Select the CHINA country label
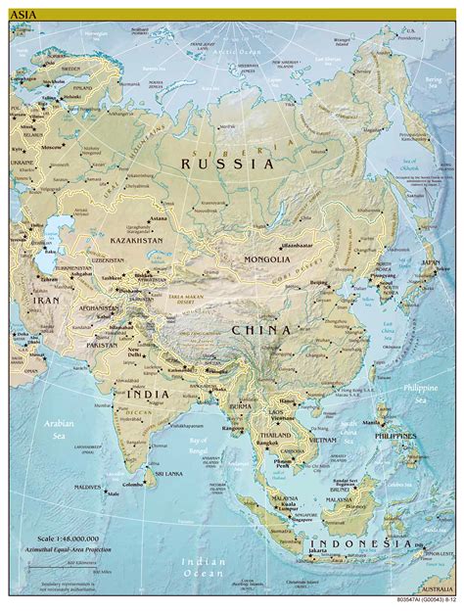(x=260, y=330)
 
